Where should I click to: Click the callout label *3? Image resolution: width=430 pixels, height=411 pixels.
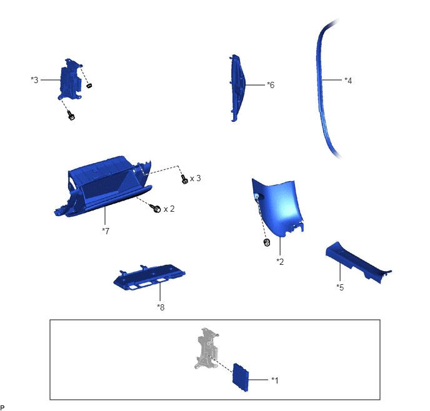34,80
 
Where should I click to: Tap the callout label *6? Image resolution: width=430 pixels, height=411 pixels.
271,85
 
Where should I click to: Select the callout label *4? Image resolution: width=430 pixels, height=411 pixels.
348,81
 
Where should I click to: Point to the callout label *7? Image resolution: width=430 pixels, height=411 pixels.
106,231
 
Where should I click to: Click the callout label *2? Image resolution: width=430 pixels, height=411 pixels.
280,262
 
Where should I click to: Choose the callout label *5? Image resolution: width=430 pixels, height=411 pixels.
340,287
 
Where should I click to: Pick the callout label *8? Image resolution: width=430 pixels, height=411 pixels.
161,307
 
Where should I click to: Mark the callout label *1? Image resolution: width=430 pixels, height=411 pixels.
275,380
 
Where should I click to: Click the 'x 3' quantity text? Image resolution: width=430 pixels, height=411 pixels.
195,179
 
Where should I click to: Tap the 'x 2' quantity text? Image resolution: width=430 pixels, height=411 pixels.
169,209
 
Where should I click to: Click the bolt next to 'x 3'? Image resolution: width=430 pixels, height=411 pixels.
184,179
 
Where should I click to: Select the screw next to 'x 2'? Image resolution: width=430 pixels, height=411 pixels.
155,208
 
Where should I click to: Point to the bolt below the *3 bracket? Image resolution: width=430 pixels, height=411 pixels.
71,116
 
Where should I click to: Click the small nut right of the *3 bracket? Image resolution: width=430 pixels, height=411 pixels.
89,86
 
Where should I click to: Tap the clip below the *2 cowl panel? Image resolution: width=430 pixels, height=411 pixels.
266,242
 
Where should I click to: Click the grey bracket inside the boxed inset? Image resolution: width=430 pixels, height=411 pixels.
207,347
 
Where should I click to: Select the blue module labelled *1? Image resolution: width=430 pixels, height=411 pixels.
241,377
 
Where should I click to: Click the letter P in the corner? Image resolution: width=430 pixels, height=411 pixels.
2,408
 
